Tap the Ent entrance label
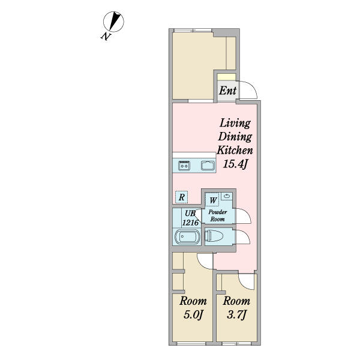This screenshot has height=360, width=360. point(227,90)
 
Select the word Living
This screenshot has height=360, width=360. point(235,123)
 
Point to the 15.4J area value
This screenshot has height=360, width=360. point(235,164)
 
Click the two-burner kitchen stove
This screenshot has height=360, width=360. point(184,166)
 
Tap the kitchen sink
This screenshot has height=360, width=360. point(208,166)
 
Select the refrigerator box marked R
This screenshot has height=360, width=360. point(181,197)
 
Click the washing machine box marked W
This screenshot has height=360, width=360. point(213,200)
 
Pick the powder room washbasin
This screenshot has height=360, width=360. point(227,196)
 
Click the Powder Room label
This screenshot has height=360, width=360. point(217,215)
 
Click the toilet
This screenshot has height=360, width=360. point(214,236)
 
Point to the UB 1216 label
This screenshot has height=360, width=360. point(190,218)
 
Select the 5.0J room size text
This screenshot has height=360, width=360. point(193,315)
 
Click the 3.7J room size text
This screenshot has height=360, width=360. point(236,315)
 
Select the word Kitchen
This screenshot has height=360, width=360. point(235,150)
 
